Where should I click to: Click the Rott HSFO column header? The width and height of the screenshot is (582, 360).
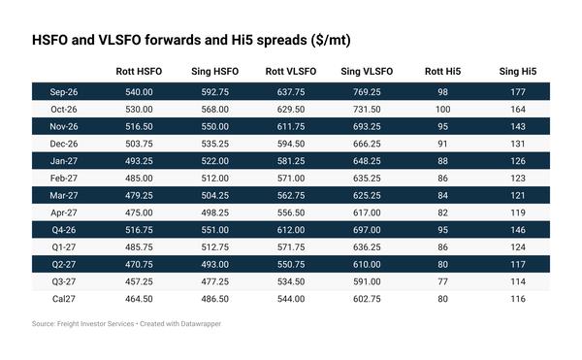coord(139,71)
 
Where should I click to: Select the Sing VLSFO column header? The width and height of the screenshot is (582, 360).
coord(367,71)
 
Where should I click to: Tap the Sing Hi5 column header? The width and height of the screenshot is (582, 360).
coord(518,71)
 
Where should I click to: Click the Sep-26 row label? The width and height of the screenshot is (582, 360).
coord(64,92)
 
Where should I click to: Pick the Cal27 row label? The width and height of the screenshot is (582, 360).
coord(64,299)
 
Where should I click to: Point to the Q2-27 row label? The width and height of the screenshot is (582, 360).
coord(64,264)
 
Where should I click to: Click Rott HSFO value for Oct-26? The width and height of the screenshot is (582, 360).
coord(139,109)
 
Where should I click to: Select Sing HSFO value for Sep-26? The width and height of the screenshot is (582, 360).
coord(215,92)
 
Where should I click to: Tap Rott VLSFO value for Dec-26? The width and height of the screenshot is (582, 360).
coord(291,144)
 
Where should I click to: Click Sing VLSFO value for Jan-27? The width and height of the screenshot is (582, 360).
coord(367,161)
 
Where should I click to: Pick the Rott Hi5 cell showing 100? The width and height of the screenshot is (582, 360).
coord(443,109)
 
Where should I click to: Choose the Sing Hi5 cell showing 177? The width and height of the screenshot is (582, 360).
coord(518,92)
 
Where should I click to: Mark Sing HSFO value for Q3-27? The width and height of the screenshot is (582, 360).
coord(215,281)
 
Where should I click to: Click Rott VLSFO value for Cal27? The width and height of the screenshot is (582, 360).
coord(291,299)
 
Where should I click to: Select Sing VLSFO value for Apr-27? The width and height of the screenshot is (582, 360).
coord(367,213)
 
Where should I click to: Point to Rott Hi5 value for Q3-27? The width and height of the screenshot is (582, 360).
coord(443,281)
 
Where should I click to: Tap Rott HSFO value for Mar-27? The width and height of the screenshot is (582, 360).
coord(139,195)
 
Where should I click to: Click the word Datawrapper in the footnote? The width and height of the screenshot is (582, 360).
coord(201,324)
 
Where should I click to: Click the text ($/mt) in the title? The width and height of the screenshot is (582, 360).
coord(331,40)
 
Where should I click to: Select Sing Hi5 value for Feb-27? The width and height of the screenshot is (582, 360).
coord(518,179)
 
